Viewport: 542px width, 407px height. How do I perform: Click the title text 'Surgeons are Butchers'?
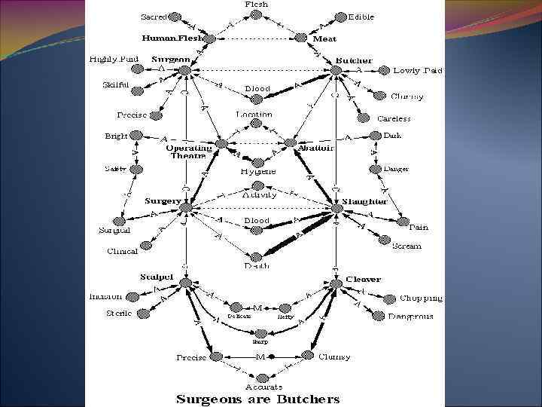tap(257, 399)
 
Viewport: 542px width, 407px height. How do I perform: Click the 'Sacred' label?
tap(154, 16)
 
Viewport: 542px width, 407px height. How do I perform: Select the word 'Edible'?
tap(361, 17)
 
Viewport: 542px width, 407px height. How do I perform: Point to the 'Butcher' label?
tap(353, 60)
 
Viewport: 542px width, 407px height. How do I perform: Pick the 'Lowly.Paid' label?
tap(418, 71)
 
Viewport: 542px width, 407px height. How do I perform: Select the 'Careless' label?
tap(394, 118)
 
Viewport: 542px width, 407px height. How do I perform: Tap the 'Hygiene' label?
tap(258, 172)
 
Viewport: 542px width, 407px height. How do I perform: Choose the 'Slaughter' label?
tap(364, 201)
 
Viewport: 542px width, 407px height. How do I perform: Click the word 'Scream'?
tap(406, 246)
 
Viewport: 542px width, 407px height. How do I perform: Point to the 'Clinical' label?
tap(122, 252)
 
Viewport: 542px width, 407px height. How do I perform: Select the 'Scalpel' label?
tap(157, 277)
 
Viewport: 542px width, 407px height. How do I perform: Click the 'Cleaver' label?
tap(363, 280)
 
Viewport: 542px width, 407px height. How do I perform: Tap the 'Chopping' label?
tap(421, 298)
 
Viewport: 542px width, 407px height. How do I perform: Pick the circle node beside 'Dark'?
tap(376, 136)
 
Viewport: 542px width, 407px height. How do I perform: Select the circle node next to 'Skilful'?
tap(137, 91)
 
